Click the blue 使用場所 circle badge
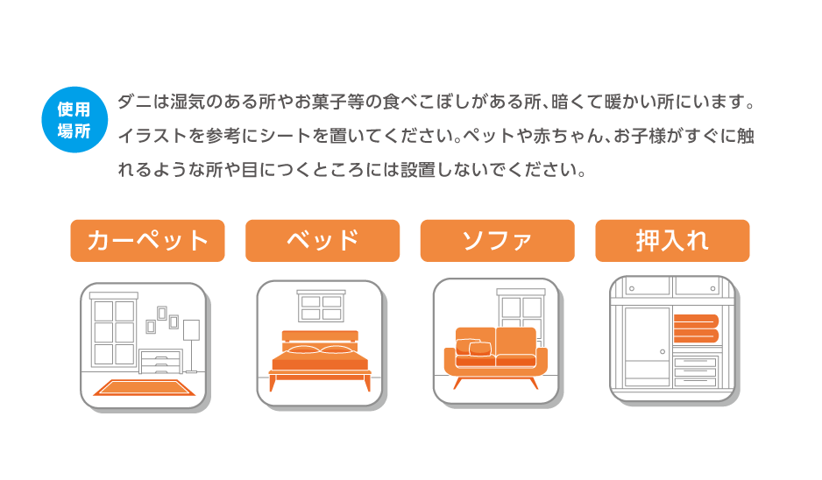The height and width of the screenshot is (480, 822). coord(74,119)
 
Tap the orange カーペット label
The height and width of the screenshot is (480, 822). coord(147,241)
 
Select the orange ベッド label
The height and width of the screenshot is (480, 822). coord(322,241)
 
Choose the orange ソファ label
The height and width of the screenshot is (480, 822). coord(498,241)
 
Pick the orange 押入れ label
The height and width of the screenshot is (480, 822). coord(672,241)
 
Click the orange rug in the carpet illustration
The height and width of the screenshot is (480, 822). coord(145,388)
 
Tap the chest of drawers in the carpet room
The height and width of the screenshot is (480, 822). coord(161,362)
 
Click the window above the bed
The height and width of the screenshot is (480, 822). coord(321,306)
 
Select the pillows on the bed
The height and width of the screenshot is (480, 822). coord(320,349)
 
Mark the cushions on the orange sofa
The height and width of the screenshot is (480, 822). coord(474,347)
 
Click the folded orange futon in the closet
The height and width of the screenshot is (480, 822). coord(696,328)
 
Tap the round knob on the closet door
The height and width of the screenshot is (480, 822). coord(663,351)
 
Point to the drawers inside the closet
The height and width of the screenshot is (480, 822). coord(695,372)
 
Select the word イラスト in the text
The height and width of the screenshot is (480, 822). coord(152,137)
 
